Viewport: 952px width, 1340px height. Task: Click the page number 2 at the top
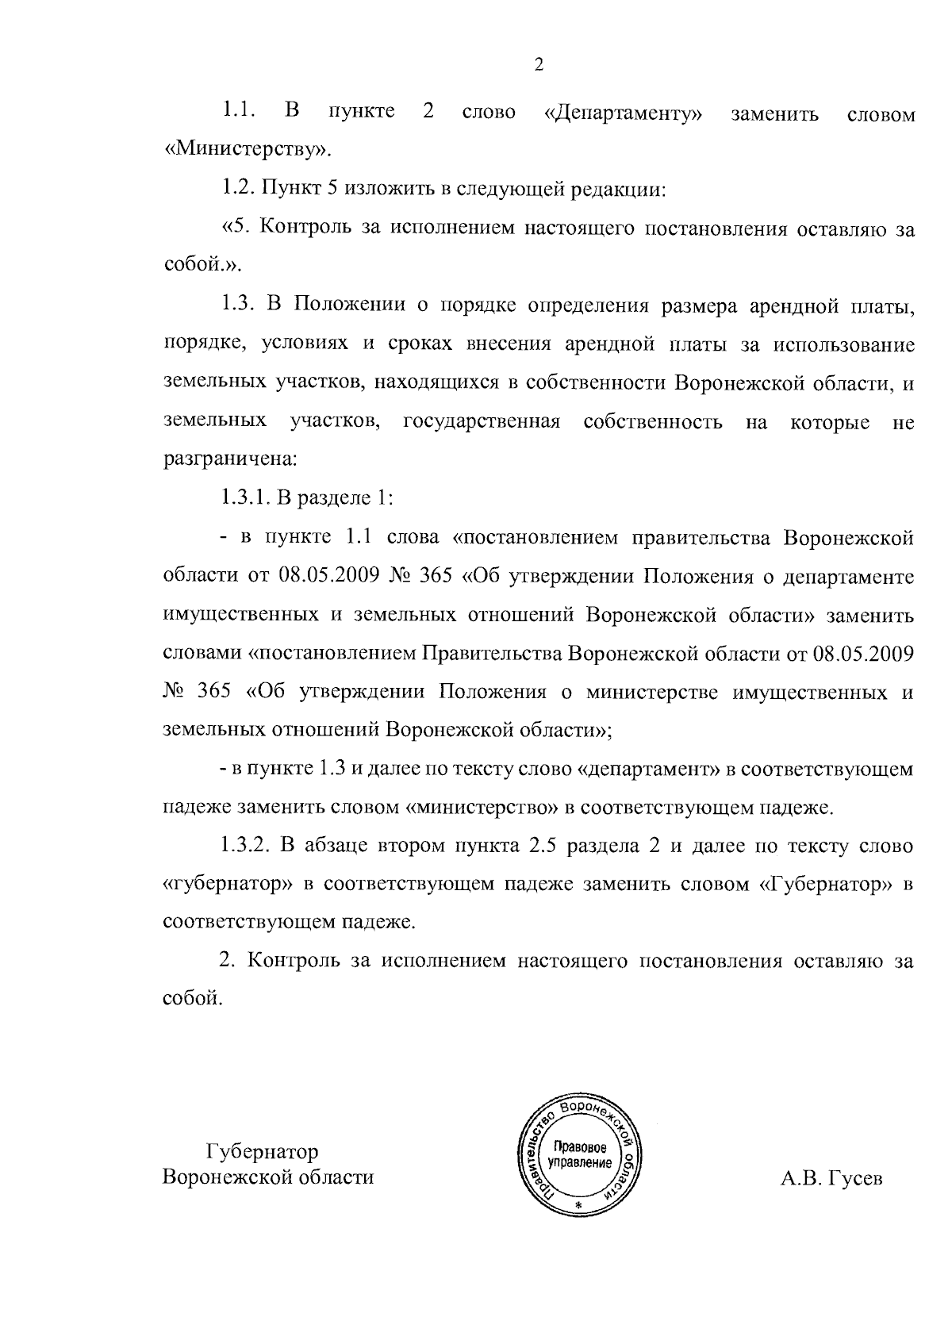pyautogui.click(x=539, y=66)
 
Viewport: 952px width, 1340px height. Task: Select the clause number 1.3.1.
pyautogui.click(x=247, y=498)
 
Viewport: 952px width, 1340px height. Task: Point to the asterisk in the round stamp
pyautogui.click(x=578, y=1204)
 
